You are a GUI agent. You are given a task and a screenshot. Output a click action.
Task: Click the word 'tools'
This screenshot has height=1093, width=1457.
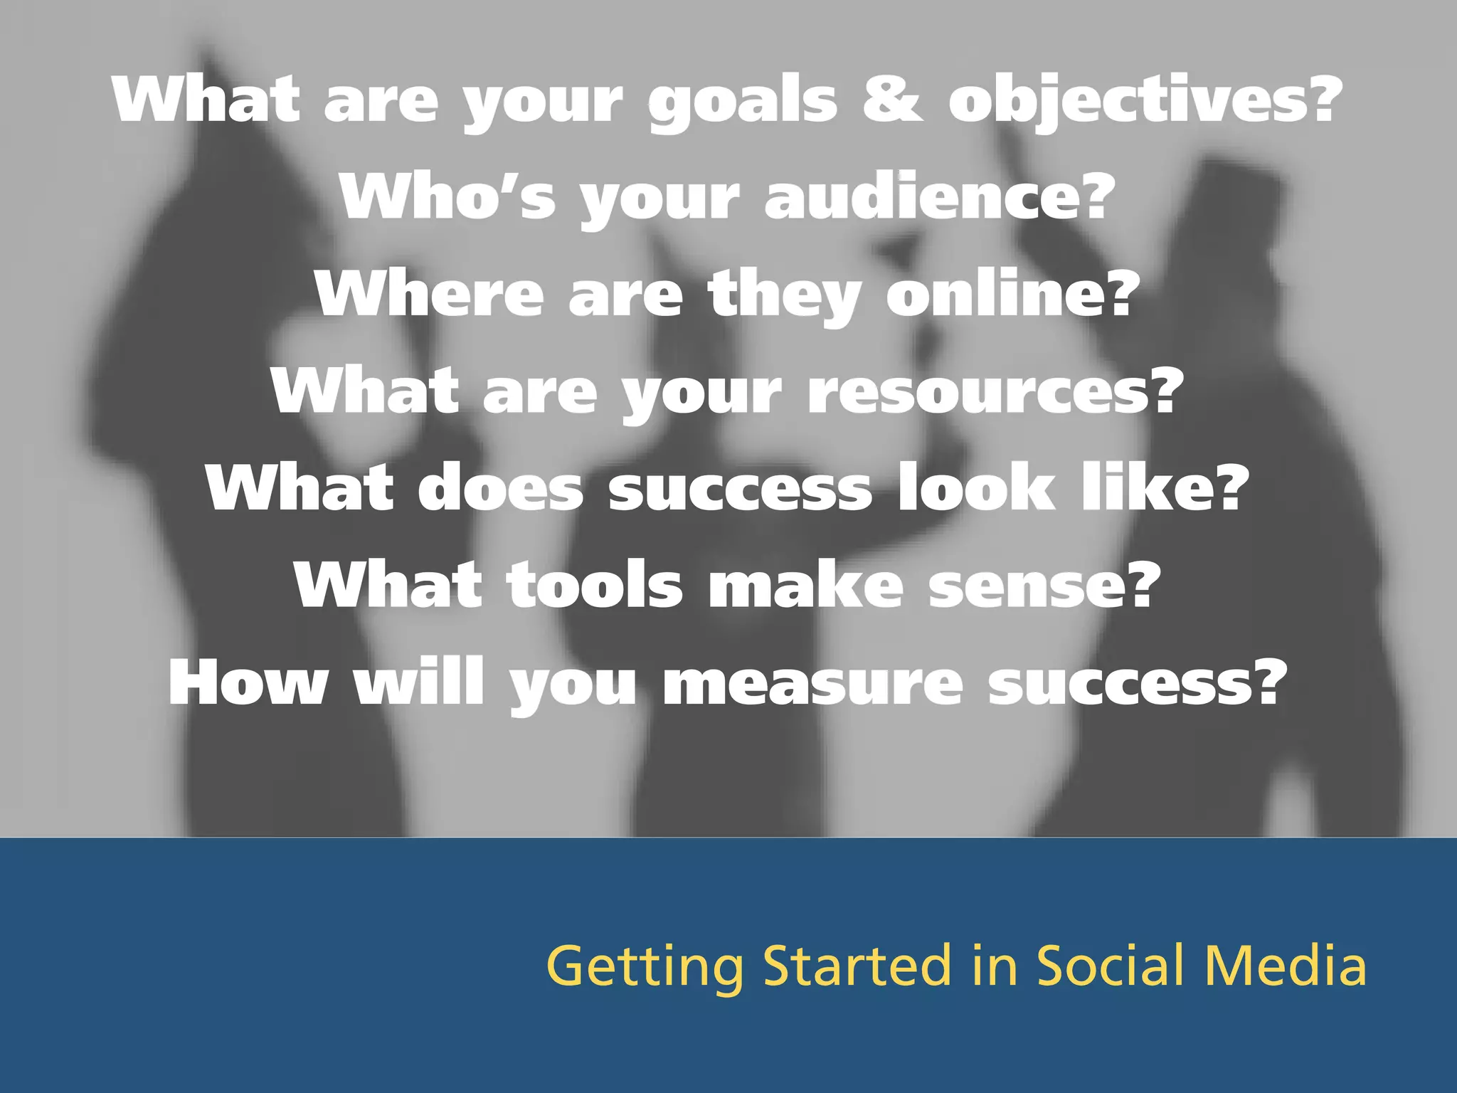(x=594, y=585)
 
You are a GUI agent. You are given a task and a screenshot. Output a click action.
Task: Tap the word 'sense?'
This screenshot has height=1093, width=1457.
(x=1044, y=585)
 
